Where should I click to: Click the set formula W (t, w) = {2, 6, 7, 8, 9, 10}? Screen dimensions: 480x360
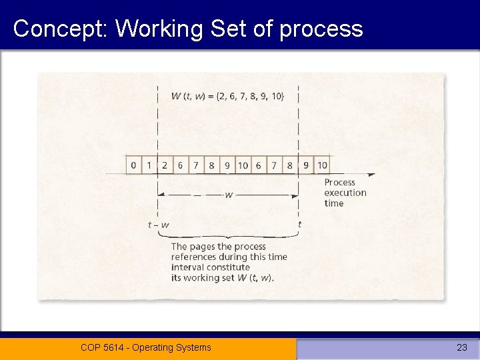227,96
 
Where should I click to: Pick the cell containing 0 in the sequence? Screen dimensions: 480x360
134,165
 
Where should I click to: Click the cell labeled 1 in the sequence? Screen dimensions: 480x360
149,165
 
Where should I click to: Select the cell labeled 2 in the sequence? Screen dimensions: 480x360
165,165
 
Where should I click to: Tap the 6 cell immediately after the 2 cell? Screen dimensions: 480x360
180,165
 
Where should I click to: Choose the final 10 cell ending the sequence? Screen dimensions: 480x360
321,165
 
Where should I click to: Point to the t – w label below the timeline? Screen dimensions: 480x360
159,225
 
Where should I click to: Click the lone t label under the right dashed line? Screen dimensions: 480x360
299,225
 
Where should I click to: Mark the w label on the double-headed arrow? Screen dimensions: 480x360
229,195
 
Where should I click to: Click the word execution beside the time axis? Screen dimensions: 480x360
345,193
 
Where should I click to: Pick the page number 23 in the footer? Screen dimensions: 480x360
461,347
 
